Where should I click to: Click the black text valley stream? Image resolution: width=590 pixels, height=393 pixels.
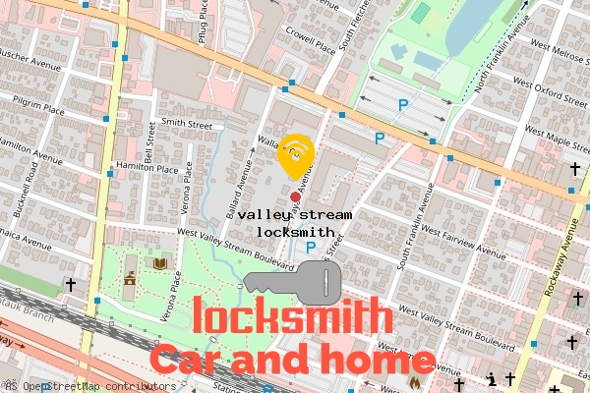click(293, 213)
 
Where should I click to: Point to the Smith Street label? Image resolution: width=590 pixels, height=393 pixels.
click(187, 125)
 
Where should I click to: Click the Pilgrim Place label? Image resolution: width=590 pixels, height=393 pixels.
click(38, 102)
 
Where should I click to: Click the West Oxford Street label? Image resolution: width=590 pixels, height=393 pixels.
click(560, 96)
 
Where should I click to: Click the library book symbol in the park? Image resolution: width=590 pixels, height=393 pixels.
click(159, 263)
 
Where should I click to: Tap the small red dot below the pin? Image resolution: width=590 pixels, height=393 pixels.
click(295, 196)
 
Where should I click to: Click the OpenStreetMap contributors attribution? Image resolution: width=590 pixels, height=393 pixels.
click(93, 386)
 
